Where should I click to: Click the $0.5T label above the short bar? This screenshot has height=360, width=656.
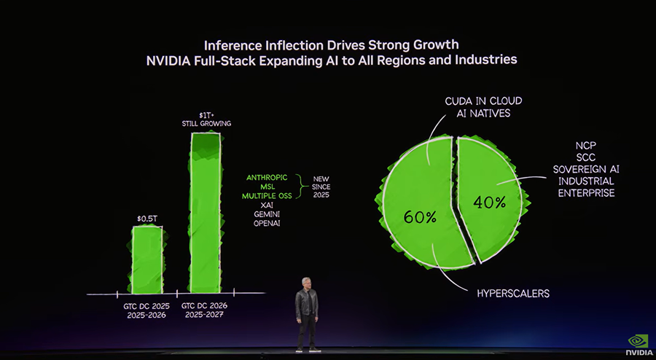pos(147,218)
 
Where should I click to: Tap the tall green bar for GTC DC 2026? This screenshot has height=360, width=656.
pos(206,211)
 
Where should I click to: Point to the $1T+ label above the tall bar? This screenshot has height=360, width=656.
pos(206,115)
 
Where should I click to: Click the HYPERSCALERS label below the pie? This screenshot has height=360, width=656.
pos(513,294)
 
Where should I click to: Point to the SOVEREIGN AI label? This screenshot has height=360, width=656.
pos(585,169)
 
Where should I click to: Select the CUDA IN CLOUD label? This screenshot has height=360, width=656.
pos(483,101)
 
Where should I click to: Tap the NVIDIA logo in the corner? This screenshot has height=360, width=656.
pos(639,345)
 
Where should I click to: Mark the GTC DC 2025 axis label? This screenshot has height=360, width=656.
pos(147,305)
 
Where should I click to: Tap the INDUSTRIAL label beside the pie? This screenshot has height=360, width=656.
pos(585,181)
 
